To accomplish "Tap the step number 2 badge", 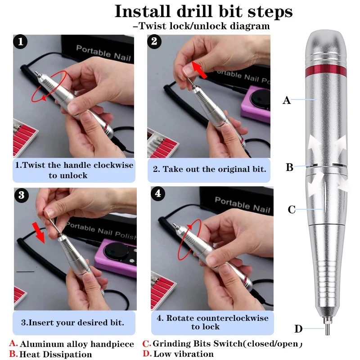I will pyautogui.click(x=155, y=42).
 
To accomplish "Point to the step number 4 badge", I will pyautogui.click(x=157, y=194).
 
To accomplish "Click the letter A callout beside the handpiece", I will pyautogui.click(x=287, y=101).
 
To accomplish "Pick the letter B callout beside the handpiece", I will pyautogui.click(x=289, y=168).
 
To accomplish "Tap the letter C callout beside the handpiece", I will pyautogui.click(x=292, y=209).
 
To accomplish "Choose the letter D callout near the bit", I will pyautogui.click(x=298, y=329).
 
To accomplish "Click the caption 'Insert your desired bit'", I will pyautogui.click(x=72, y=323).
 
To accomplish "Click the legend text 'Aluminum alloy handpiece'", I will pyautogui.click(x=77, y=344).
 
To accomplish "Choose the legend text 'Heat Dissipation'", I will pyautogui.click(x=56, y=354).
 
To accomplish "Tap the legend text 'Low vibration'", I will pyautogui.click(x=184, y=354).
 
